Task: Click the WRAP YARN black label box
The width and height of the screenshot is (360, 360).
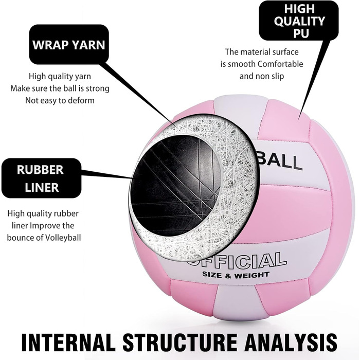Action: point(68,45)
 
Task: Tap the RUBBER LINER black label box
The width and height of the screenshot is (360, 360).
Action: point(41,178)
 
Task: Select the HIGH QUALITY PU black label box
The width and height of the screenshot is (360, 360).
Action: point(298,21)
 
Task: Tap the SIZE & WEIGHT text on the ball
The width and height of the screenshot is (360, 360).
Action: point(236,275)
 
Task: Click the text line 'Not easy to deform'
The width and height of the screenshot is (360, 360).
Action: point(60,100)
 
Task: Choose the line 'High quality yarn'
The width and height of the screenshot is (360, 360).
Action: point(60,76)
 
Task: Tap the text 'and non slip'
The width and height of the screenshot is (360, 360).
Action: point(262,76)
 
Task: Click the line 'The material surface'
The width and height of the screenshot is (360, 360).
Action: point(262,52)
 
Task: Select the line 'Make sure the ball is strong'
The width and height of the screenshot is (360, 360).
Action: point(60,88)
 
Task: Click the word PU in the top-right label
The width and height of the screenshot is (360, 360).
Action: point(299,33)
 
